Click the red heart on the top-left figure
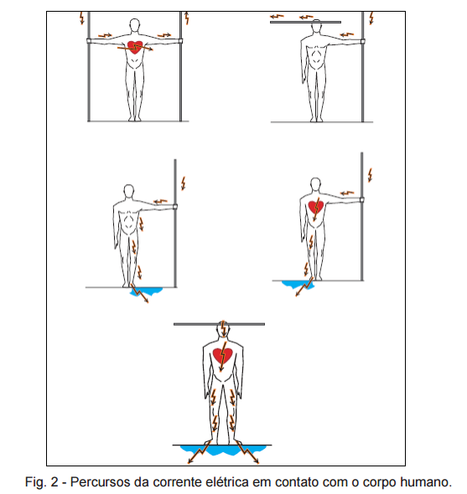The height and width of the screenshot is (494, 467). click(x=135, y=47)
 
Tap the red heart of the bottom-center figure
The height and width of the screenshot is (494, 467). click(x=223, y=355)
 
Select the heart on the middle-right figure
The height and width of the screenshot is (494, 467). click(x=316, y=207)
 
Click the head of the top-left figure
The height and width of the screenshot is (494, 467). click(x=135, y=25)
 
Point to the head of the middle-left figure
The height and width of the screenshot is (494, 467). click(x=128, y=191)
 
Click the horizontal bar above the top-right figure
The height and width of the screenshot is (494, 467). click(x=305, y=22)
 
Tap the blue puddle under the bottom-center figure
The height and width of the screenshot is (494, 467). click(x=223, y=450)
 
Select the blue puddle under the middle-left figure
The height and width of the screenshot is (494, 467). click(x=147, y=291)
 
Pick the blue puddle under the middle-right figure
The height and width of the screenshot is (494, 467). click(x=298, y=285)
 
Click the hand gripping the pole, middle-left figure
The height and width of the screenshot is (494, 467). click(x=174, y=207)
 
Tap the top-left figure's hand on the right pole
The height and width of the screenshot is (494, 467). click(x=180, y=41)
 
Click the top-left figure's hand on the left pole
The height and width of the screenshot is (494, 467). click(x=89, y=41)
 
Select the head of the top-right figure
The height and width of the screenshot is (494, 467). click(x=316, y=26)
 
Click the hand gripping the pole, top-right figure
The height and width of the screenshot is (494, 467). click(x=362, y=41)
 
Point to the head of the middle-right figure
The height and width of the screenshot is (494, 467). click(x=315, y=184)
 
